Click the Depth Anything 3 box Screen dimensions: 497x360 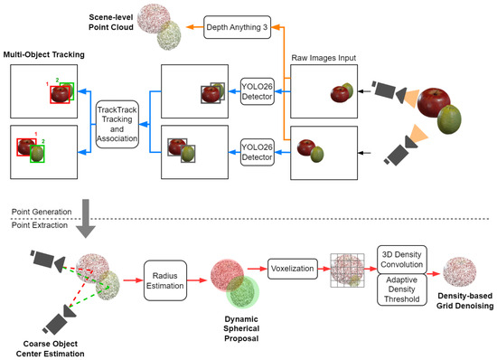point(237,27)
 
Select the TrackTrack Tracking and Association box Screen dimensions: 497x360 point(117,124)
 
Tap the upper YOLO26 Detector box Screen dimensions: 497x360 point(257,91)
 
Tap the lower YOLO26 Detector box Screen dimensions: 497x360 point(257,152)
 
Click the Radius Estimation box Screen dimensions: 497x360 point(165,280)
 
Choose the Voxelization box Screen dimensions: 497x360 point(292,269)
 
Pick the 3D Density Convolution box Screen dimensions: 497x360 point(402,259)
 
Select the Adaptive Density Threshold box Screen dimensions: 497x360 point(402,289)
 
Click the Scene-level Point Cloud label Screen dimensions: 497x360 point(111,23)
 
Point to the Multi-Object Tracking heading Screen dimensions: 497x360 point(43,54)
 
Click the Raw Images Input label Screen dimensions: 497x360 point(324,58)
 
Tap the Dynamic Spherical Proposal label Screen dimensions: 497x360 point(241,328)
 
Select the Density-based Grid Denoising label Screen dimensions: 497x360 point(464,300)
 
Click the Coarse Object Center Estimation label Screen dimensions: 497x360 point(50,348)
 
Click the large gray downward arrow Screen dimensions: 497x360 point(86,219)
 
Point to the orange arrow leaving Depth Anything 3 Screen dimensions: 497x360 point(194,27)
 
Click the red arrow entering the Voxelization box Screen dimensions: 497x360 point(258,269)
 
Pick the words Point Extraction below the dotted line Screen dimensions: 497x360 point(40,225)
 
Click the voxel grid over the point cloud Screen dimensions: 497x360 point(347,270)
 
